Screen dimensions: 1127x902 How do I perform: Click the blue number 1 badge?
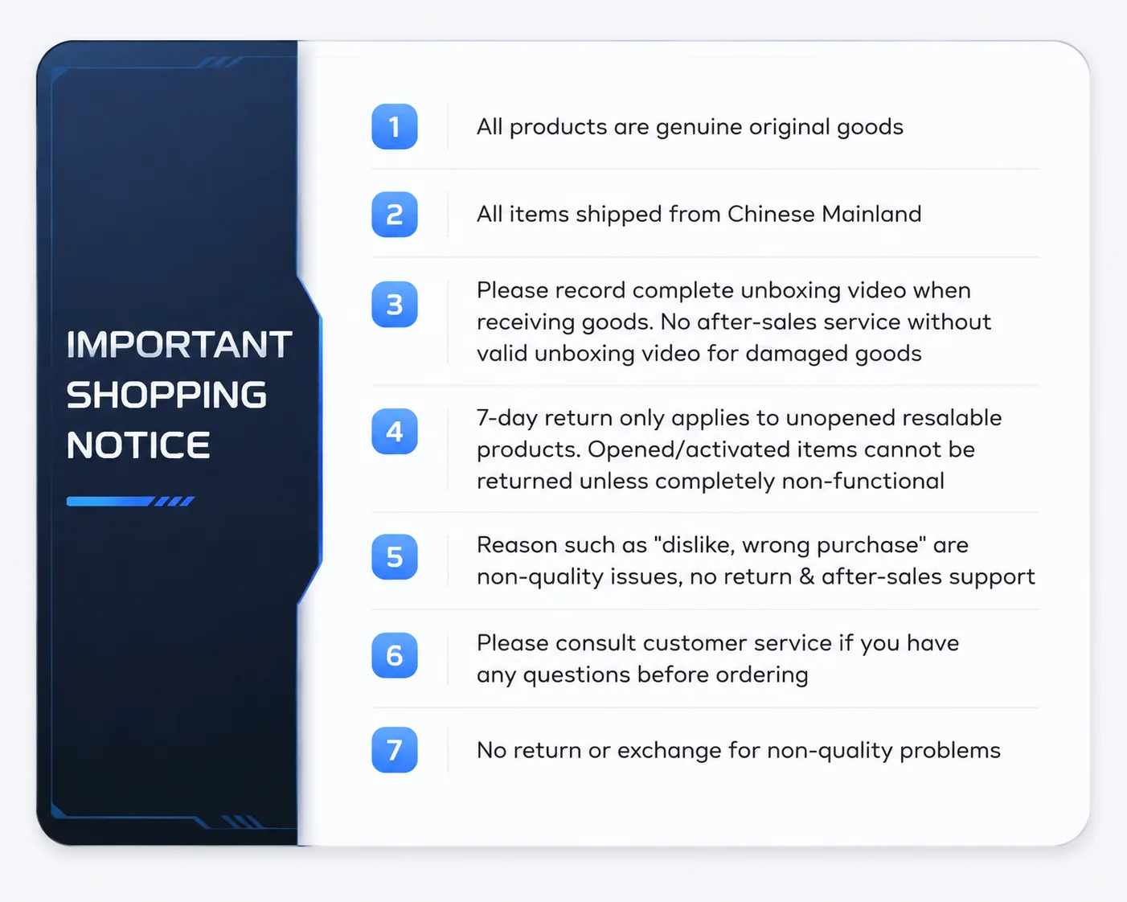coord(395,126)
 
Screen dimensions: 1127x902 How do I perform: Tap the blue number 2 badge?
coord(395,214)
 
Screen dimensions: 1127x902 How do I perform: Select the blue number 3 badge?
coord(395,305)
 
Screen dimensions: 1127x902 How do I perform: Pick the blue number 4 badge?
coord(395,431)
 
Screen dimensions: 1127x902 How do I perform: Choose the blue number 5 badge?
coord(395,557)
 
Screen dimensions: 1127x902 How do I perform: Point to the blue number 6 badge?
coord(395,655)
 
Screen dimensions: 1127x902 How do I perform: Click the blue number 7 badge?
coord(395,749)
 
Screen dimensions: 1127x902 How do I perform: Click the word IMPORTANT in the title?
coord(179,345)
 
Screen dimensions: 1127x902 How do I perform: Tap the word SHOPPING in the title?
coord(166,395)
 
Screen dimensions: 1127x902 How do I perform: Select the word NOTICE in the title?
coord(138,445)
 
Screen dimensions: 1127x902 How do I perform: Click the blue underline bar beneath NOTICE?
coord(130,502)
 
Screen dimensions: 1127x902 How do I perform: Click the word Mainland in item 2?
coord(871,214)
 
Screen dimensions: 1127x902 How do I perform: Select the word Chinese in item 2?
coord(771,214)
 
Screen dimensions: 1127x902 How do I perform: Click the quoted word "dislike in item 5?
coord(695,545)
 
